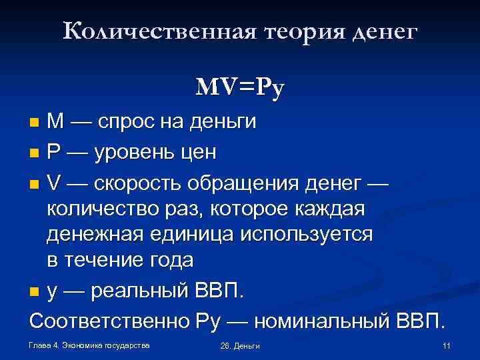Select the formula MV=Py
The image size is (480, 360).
[241, 87]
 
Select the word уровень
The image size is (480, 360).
[136, 153]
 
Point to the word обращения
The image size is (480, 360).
[255, 183]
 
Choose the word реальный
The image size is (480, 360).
[135, 291]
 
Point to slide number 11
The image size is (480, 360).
[446, 345]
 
